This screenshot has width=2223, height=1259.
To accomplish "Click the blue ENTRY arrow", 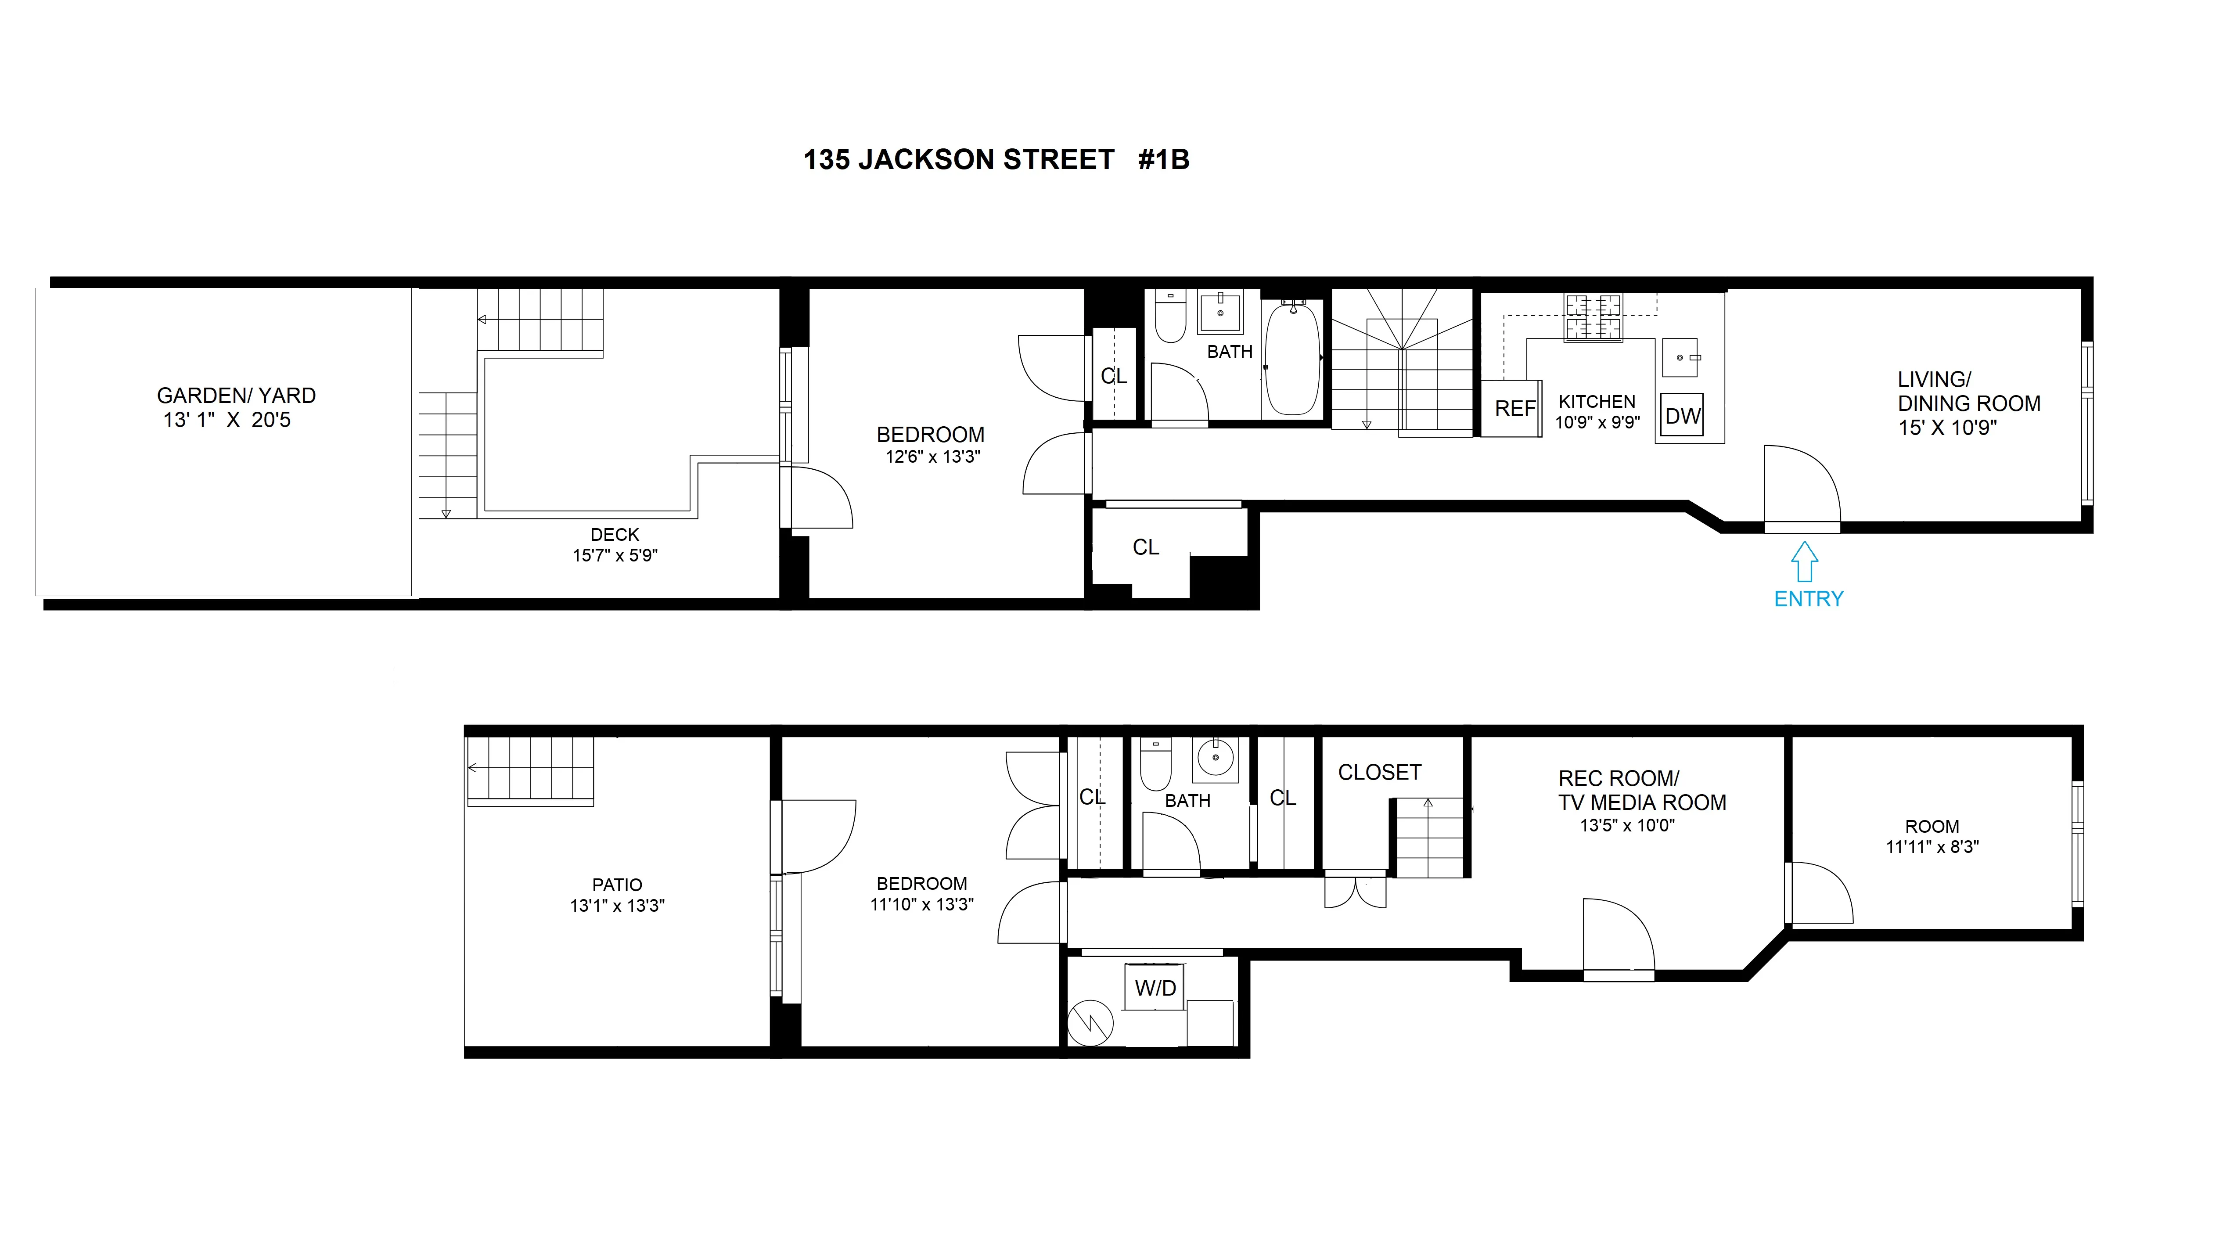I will tap(1804, 562).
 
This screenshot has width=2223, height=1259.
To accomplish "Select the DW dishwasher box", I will tap(1682, 416).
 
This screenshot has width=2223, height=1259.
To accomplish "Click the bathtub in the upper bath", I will tap(1293, 359).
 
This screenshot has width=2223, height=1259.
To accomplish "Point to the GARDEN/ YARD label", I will tap(236, 396).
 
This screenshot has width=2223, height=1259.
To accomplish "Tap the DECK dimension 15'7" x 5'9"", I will tap(615, 555).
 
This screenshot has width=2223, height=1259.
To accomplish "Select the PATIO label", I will tap(616, 885).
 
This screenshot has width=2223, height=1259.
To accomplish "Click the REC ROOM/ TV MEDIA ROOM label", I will tap(1641, 790).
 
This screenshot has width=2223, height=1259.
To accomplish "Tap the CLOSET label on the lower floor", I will tap(1379, 772).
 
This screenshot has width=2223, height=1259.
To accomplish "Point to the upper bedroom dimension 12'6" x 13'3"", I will tap(932, 457).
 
